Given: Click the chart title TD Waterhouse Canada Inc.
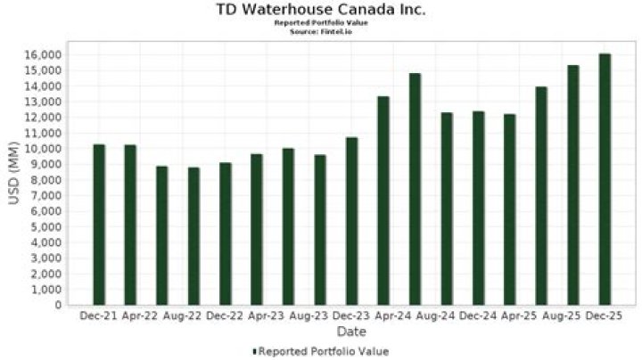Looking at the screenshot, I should [321, 10].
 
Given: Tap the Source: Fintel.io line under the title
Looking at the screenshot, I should [321, 31].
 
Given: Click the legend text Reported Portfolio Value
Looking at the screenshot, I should [324, 351].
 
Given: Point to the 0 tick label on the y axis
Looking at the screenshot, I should [58, 305].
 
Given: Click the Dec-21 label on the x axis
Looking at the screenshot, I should [98, 316].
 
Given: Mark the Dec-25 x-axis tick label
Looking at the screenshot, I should [605, 316].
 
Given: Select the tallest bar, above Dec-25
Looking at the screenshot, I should [605, 179].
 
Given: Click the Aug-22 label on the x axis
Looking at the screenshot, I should [161, 316].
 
